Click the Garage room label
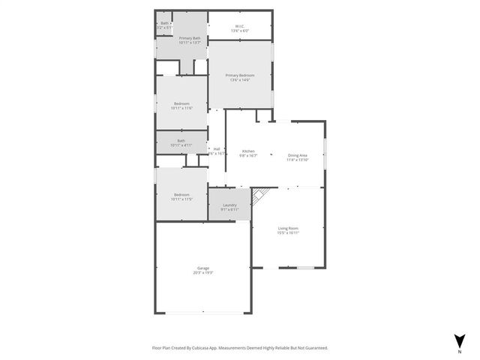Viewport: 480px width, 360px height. pyautogui.click(x=202, y=268)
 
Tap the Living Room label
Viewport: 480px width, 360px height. pyautogui.click(x=288, y=228)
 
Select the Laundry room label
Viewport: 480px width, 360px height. pyautogui.click(x=229, y=205)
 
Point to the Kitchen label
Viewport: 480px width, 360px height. pyautogui.click(x=248, y=151)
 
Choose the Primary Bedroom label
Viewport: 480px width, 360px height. pyautogui.click(x=241, y=75)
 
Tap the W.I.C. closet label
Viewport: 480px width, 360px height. pyautogui.click(x=240, y=27)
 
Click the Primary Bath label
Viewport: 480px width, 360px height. pyautogui.click(x=189, y=38)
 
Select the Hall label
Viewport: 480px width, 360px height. pyautogui.click(x=217, y=148)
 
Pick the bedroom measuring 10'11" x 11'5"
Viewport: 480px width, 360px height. pyautogui.click(x=181, y=196)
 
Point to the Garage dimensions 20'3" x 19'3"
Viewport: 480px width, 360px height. pyautogui.click(x=202, y=273)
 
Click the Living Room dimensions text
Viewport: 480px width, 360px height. pyautogui.click(x=288, y=233)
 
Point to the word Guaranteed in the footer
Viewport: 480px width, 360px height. pyautogui.click(x=313, y=348)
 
